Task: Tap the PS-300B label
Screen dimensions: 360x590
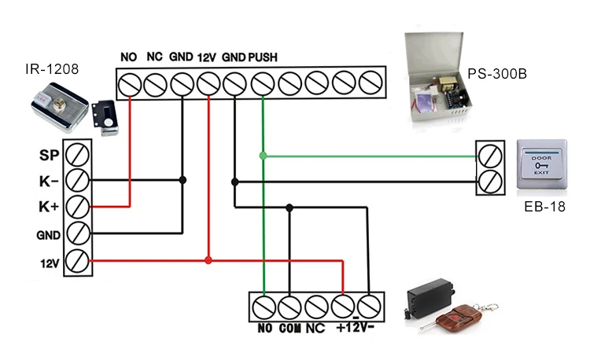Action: pos(497,75)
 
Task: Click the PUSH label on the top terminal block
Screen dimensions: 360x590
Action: pos(262,57)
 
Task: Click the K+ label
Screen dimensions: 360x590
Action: pos(49,207)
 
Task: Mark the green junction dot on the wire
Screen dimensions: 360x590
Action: pos(264,156)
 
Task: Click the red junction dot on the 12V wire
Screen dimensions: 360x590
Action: pos(208,260)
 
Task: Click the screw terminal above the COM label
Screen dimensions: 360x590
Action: pos(290,304)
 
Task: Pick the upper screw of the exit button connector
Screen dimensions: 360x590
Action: pos(490,154)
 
